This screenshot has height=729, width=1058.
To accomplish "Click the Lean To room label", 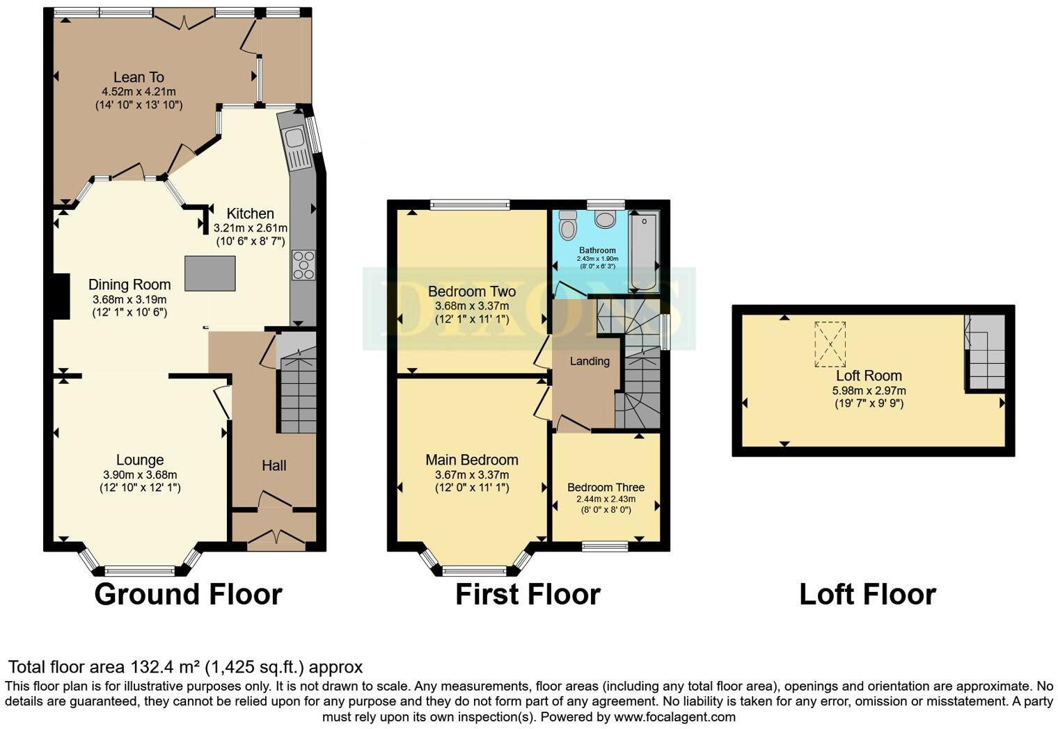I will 139,77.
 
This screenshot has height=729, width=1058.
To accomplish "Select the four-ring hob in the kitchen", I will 303,265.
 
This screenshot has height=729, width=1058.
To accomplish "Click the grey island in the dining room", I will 210,273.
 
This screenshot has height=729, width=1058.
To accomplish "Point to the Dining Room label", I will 129,285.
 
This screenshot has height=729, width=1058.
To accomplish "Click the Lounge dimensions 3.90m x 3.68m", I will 139,474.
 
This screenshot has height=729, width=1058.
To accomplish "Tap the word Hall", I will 274,465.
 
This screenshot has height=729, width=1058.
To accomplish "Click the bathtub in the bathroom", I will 643,252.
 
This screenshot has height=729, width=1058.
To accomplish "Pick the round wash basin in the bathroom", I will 605,219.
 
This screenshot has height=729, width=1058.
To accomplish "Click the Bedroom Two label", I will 471,291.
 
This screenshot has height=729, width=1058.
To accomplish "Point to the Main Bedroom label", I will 471,460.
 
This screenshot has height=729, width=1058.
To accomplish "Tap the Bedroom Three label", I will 606,487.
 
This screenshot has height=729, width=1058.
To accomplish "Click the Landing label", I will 590,361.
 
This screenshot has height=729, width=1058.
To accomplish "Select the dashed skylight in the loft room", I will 830,344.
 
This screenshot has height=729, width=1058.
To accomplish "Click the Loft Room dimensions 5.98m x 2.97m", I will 869,390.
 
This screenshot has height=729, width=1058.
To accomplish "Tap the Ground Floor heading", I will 188,595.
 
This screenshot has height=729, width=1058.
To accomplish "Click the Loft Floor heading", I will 867,595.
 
